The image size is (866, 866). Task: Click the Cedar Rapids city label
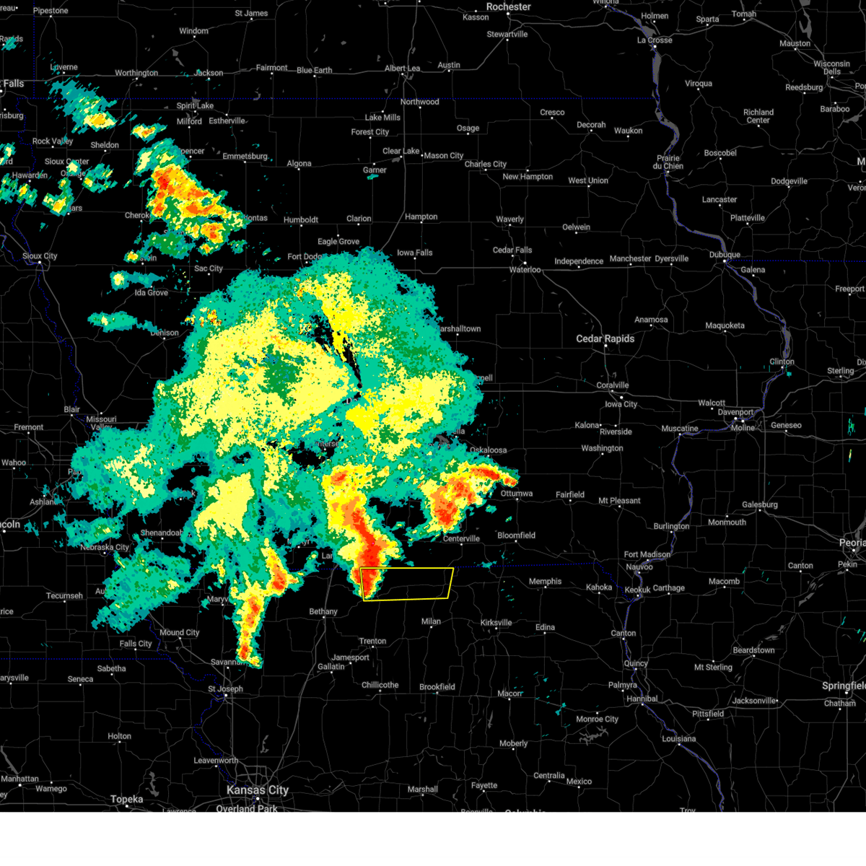click(x=605, y=338)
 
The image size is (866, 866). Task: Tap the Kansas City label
click(x=258, y=790)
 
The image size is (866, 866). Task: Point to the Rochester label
click(x=508, y=6)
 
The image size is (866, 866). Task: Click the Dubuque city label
click(x=724, y=255)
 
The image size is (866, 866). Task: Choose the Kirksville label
click(x=496, y=623)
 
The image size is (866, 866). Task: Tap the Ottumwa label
click(x=516, y=494)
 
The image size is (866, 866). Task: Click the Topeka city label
click(x=127, y=800)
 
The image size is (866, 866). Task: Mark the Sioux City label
click(x=40, y=256)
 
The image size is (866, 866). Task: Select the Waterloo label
click(x=525, y=270)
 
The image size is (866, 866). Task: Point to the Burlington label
click(x=671, y=526)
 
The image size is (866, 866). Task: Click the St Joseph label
click(x=226, y=688)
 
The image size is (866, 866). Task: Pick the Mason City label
click(x=443, y=155)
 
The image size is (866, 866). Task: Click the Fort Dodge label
click(x=305, y=256)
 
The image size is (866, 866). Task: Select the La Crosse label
click(x=654, y=40)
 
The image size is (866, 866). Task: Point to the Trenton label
click(x=372, y=641)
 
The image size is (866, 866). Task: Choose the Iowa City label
click(x=621, y=404)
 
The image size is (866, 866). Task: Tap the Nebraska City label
click(x=105, y=547)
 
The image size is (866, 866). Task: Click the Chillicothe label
click(x=380, y=685)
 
